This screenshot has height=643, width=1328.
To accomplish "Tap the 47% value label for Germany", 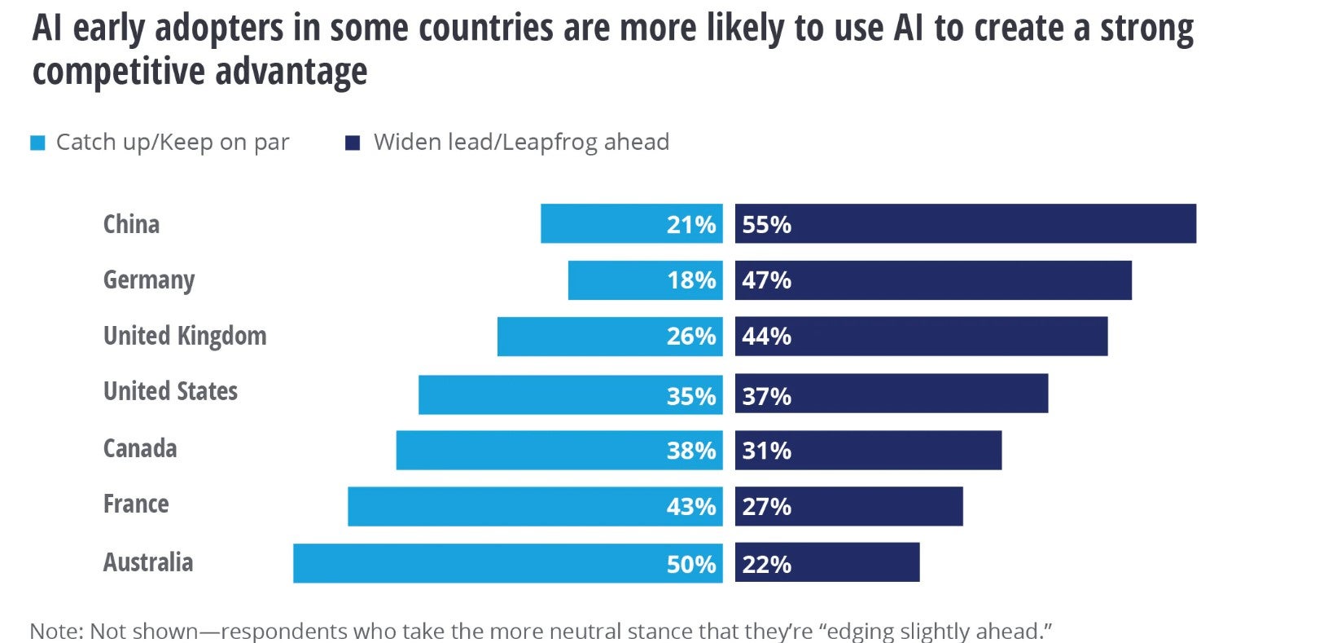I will [766, 280].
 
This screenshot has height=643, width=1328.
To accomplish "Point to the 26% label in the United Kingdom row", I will [691, 337].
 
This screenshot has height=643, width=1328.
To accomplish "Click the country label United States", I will [170, 392].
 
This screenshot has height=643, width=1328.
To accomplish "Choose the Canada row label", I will [140, 448].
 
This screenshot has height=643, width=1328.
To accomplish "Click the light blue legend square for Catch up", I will [37, 143].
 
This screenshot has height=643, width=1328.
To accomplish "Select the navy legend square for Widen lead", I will [353, 143].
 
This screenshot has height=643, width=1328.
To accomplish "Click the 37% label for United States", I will [766, 396].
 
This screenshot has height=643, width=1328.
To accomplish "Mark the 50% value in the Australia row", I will [691, 564].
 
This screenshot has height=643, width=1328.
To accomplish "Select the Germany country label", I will [149, 280].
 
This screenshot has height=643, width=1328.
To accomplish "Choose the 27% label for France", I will [766, 507].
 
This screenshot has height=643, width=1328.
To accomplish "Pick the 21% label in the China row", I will [691, 225].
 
